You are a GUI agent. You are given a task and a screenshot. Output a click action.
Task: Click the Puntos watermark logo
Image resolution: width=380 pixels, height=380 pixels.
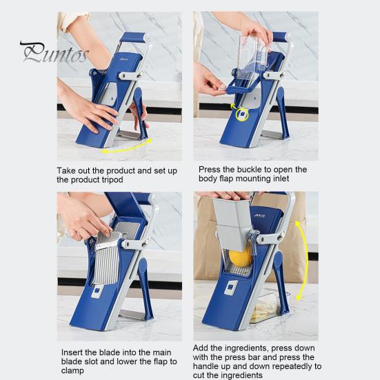click(x=54, y=52)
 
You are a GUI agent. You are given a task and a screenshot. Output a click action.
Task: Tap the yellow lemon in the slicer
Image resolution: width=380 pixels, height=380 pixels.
click(x=241, y=257)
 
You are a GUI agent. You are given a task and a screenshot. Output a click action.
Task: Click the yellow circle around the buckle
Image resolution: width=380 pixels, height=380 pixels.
click(x=242, y=114)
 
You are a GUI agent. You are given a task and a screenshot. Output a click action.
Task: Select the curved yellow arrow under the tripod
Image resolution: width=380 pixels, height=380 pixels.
click(x=127, y=147)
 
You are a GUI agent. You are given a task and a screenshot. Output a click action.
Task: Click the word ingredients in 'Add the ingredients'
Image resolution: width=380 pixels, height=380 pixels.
click(x=246, y=348)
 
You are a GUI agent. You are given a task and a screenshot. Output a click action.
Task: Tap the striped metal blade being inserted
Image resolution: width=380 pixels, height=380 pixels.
click(x=107, y=257)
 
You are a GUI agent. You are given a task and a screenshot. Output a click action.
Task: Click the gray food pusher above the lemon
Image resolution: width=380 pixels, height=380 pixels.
click(x=232, y=223)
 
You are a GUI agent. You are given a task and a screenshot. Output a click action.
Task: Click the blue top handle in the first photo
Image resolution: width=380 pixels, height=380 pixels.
click(x=134, y=38)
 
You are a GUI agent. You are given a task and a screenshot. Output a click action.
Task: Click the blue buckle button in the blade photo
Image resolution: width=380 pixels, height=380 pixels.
click(x=97, y=291)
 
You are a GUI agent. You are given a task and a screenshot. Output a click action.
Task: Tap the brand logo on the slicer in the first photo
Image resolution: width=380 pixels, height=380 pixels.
click(x=123, y=59)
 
